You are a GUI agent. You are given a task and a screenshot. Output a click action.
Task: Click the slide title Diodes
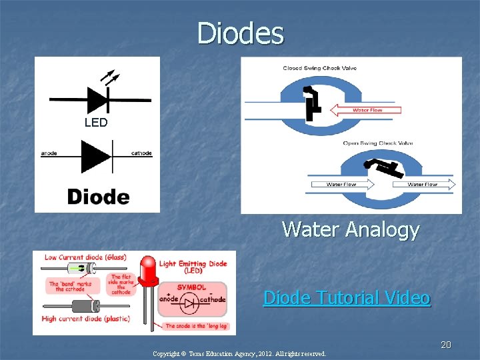point(240,33)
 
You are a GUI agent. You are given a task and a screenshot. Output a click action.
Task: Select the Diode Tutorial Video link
point(347,297)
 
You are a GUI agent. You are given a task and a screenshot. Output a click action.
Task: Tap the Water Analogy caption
point(351,229)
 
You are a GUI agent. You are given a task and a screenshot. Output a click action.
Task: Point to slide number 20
point(446,345)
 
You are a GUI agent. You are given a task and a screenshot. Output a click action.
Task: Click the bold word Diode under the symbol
point(98,197)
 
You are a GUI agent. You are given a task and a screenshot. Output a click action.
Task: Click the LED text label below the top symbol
point(96,123)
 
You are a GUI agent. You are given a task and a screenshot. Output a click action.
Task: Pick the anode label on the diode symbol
point(49,153)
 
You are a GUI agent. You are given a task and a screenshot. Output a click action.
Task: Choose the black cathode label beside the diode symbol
point(141,153)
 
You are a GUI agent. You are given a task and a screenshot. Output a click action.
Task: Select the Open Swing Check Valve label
point(378,143)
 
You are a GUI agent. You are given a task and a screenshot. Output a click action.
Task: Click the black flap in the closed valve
point(311,105)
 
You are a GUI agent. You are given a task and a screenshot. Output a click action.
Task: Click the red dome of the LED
point(149,267)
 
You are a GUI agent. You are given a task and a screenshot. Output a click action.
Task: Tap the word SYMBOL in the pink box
point(191,287)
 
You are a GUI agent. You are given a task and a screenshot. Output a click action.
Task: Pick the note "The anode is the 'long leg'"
point(197,326)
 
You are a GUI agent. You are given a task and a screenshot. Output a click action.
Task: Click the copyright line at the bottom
point(239,354)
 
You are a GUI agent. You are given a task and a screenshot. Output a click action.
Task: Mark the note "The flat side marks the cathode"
point(121,285)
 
